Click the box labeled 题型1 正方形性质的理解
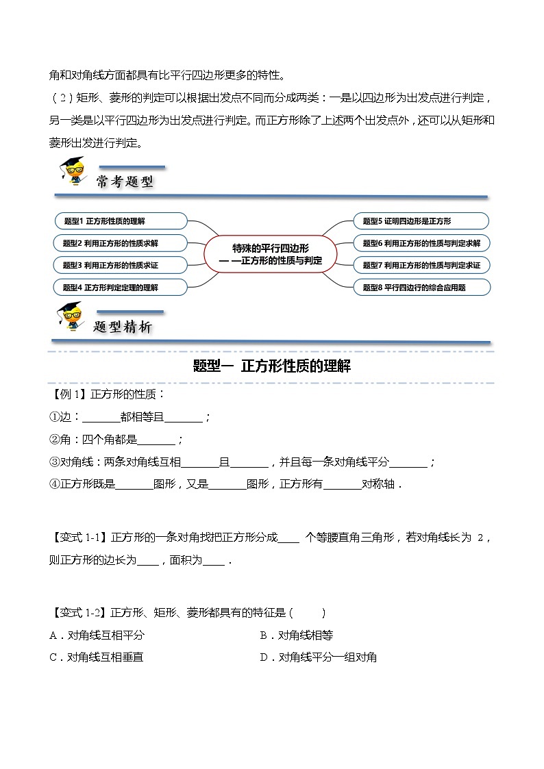click(x=120, y=221)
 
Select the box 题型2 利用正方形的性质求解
click(x=120, y=242)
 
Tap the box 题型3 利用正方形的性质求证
click(x=120, y=264)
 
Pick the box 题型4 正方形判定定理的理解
click(x=120, y=287)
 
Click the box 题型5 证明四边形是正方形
click(x=421, y=221)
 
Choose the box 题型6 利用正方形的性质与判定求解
click(x=421, y=242)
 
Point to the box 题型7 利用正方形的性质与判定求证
click(x=421, y=264)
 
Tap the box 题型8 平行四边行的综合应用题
click(x=421, y=287)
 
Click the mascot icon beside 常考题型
click(x=72, y=171)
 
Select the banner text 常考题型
click(x=124, y=181)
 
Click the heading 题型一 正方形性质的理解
click(x=272, y=366)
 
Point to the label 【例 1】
click(x=69, y=395)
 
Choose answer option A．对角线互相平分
click(x=97, y=635)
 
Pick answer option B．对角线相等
click(x=297, y=635)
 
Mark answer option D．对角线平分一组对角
click(x=319, y=657)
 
